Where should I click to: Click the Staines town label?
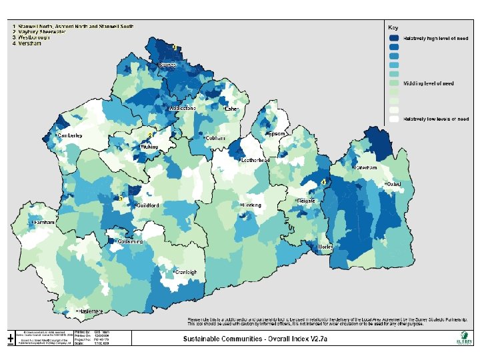click(167, 65)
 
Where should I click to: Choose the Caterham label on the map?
click(365, 168)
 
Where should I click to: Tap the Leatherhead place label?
click(254, 161)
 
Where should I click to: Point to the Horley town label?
click(325, 247)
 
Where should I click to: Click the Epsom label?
click(276, 133)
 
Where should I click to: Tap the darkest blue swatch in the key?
click(395, 38)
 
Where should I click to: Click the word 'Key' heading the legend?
click(393, 27)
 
